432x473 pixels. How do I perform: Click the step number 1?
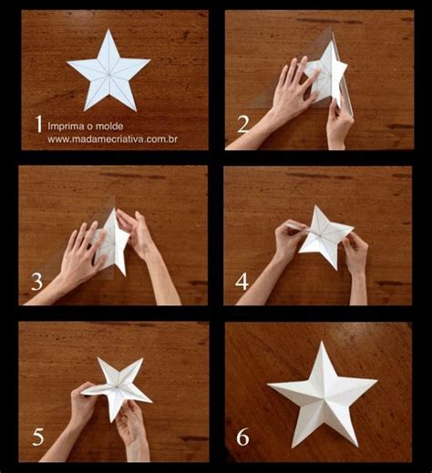[38, 123]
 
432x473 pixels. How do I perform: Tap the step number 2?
[242, 125]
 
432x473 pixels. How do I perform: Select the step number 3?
[36, 282]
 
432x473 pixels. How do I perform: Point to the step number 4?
[242, 282]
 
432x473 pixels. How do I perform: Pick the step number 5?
[38, 437]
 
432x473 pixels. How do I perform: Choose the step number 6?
[242, 437]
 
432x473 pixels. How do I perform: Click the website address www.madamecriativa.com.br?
[112, 139]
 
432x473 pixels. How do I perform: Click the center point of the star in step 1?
[108, 74]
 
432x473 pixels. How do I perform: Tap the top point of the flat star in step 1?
[108, 29]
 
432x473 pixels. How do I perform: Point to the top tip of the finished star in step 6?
[322, 342]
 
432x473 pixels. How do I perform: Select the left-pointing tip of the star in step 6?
[268, 385]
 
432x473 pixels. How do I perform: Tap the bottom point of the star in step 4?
[336, 270]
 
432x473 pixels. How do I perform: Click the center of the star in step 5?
[117, 386]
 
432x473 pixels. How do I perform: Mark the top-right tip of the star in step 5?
[142, 359]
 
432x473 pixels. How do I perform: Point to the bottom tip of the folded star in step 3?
[124, 274]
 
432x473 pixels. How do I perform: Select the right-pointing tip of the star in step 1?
[149, 60]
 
